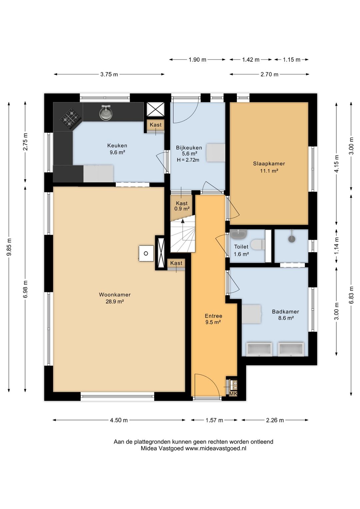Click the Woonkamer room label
point(115,295)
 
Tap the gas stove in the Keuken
point(71,119)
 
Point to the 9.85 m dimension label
point(9,247)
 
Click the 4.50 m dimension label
point(119,420)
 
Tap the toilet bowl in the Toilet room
point(259,244)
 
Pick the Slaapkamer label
point(269,163)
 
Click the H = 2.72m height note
point(188,160)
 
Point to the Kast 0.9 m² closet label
point(182,206)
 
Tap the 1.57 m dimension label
point(214,420)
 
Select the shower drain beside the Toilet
point(292,239)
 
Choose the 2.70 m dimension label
point(269,74)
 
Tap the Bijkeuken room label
point(189,148)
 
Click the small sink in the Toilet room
point(238,234)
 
